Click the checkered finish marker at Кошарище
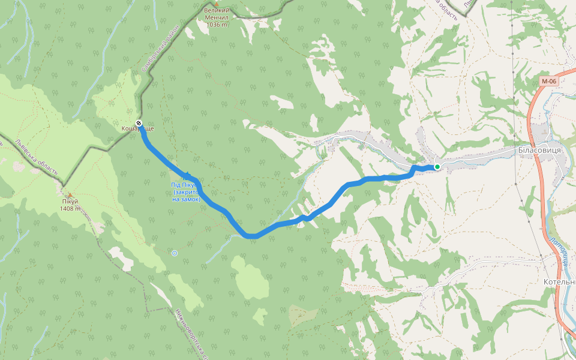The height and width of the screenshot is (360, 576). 139,124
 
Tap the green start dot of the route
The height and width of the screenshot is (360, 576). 437,167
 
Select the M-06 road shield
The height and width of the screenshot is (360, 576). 549,81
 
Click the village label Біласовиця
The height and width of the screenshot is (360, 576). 539,150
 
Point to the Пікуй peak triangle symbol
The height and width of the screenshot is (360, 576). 70,195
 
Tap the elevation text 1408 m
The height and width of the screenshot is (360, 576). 70,209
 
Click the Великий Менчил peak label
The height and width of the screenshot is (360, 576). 217,10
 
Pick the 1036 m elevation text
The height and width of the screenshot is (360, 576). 217,25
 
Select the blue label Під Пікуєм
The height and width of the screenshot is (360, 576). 185,184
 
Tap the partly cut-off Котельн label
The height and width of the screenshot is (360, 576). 559,281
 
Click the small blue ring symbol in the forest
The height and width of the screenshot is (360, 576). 175,253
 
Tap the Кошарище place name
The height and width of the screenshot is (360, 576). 138,130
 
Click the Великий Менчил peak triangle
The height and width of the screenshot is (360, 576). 217,3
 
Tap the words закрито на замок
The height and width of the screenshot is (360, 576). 186,196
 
